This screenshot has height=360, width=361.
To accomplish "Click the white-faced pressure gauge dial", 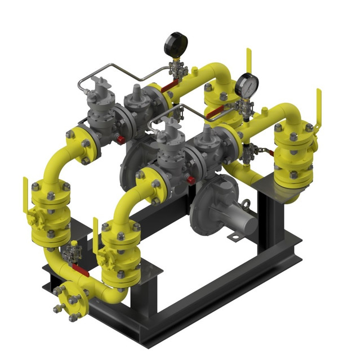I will point(246,85).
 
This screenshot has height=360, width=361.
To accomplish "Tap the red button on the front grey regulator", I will point(191,180).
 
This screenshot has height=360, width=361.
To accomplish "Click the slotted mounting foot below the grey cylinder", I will point(232,238).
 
